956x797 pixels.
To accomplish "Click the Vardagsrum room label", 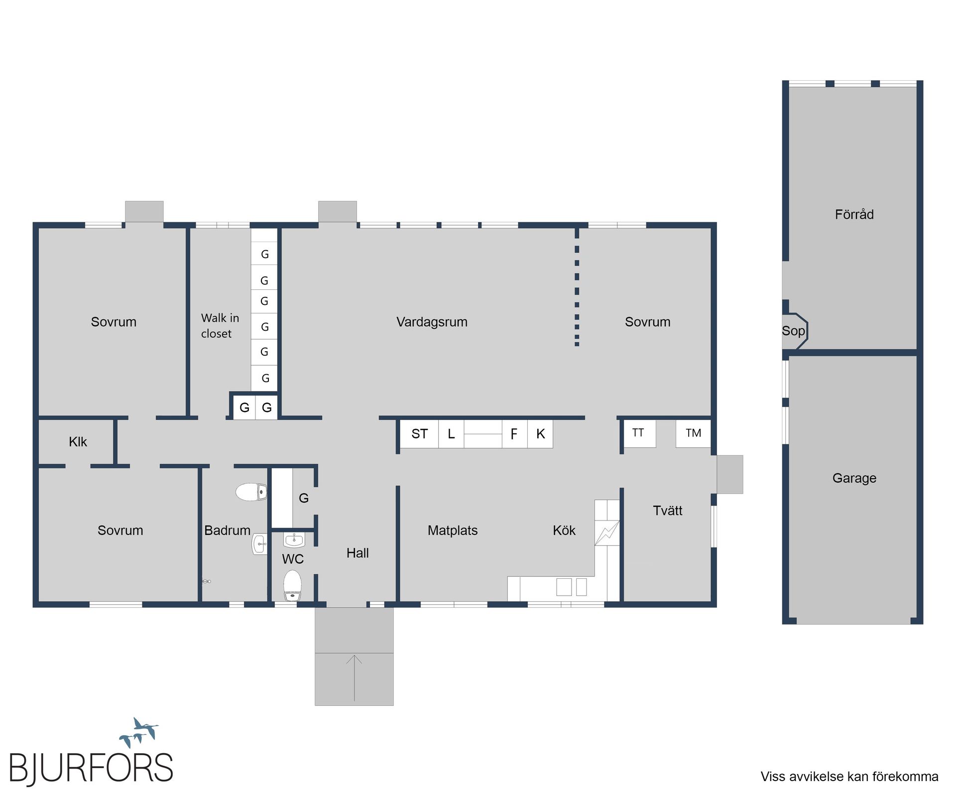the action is click(x=432, y=322).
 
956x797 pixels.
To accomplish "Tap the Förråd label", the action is click(x=854, y=214).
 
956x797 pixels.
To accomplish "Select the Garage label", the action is click(x=854, y=478).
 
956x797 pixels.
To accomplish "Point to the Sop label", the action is click(x=793, y=331).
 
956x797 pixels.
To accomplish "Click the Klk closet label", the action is click(x=78, y=442).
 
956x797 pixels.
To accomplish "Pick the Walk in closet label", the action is click(x=220, y=326).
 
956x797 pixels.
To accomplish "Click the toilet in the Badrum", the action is click(x=251, y=492).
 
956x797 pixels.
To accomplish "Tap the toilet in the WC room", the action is click(x=293, y=585).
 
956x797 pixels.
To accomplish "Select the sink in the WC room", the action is click(x=294, y=539).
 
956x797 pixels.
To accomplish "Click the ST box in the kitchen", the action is click(x=419, y=434).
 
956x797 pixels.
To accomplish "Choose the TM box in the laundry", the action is click(x=693, y=433).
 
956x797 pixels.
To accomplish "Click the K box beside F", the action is click(x=540, y=434).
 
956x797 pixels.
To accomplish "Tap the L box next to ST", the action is click(x=451, y=434).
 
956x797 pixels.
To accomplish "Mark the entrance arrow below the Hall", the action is click(x=354, y=678).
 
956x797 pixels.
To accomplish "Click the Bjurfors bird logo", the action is click(x=139, y=732).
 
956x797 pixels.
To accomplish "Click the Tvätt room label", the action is click(x=667, y=511).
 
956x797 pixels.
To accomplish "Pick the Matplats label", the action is click(x=453, y=531).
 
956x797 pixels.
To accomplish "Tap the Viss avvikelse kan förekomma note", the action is click(x=849, y=777).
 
